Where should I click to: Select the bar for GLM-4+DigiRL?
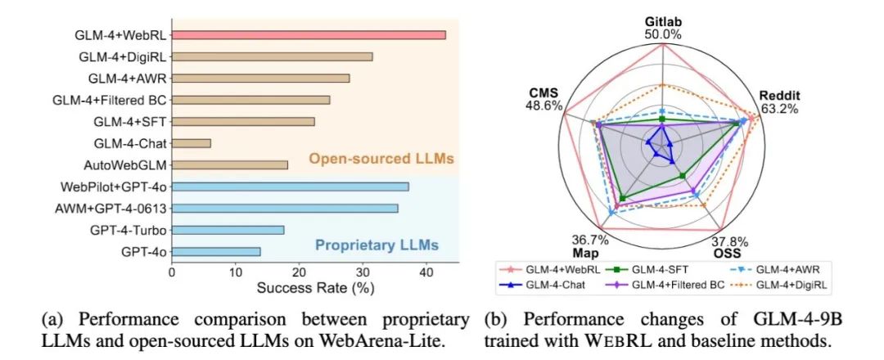point(272,57)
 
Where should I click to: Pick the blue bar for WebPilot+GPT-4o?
point(290,187)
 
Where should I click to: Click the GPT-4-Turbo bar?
point(228,230)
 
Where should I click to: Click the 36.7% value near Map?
point(589,240)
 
